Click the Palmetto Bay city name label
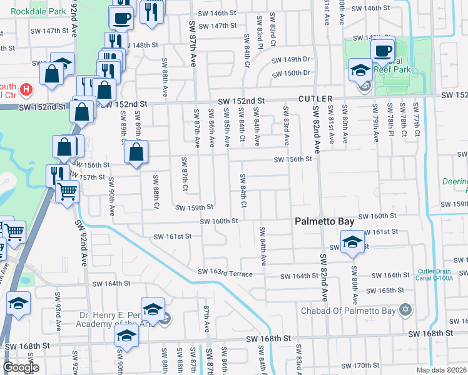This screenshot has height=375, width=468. [x=325, y=221]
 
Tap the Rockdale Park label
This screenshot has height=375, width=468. [x=25, y=11]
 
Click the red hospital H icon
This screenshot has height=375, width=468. [x=26, y=89]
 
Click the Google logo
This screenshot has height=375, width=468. [x=21, y=367]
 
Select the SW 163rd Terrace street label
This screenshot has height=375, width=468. [x=225, y=273]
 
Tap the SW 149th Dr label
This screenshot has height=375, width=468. [x=291, y=60]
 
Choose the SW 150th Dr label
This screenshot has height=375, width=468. [x=291, y=73]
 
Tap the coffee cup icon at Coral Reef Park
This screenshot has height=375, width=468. [x=382, y=49]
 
